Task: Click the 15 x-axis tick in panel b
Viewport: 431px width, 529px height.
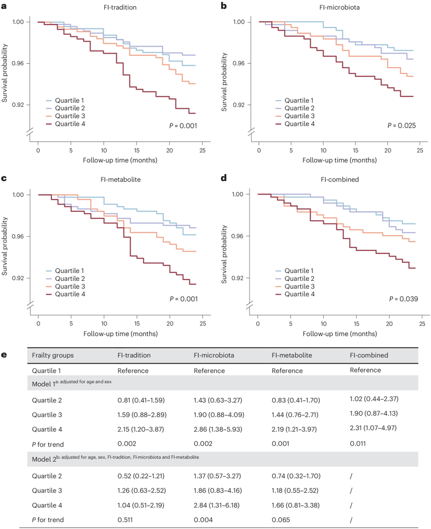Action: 355,150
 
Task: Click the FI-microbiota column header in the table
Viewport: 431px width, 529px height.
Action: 214,356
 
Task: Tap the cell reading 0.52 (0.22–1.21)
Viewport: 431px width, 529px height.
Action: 141,476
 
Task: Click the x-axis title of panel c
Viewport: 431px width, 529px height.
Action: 121,333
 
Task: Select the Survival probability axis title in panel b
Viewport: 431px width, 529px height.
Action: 225,73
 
